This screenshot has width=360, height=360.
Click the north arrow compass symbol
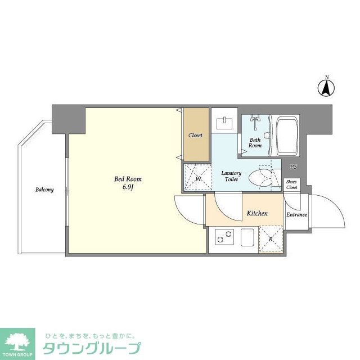(325, 87)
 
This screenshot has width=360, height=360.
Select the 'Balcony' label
(44, 190)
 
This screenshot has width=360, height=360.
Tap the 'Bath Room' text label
(255, 142)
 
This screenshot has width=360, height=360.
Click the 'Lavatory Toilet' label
(231, 176)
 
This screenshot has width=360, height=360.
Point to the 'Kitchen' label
(257, 214)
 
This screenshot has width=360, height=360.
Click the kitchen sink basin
(249, 237)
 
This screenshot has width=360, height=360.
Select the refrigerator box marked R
(271, 239)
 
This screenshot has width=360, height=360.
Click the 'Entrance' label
(296, 215)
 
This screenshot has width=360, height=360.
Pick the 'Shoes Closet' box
(291, 184)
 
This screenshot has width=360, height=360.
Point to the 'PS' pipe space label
(293, 167)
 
